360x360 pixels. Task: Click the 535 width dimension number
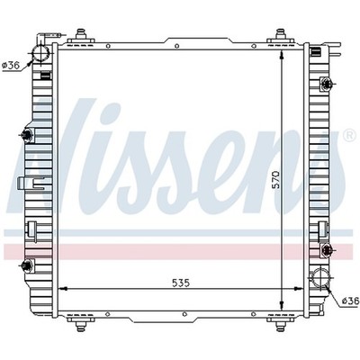tap(181, 283)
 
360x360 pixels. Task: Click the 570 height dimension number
tap(275, 179)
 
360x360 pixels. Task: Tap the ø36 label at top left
tap(11, 65)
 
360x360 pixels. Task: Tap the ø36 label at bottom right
tap(350, 301)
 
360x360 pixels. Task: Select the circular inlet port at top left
tap(40, 54)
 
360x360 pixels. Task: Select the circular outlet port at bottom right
tap(320, 278)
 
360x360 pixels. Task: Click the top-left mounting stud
tap(81, 34)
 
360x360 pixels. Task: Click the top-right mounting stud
tap(280, 34)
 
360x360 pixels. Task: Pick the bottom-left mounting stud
tap(81, 325)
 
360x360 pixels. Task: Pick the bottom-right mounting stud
tap(280, 325)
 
